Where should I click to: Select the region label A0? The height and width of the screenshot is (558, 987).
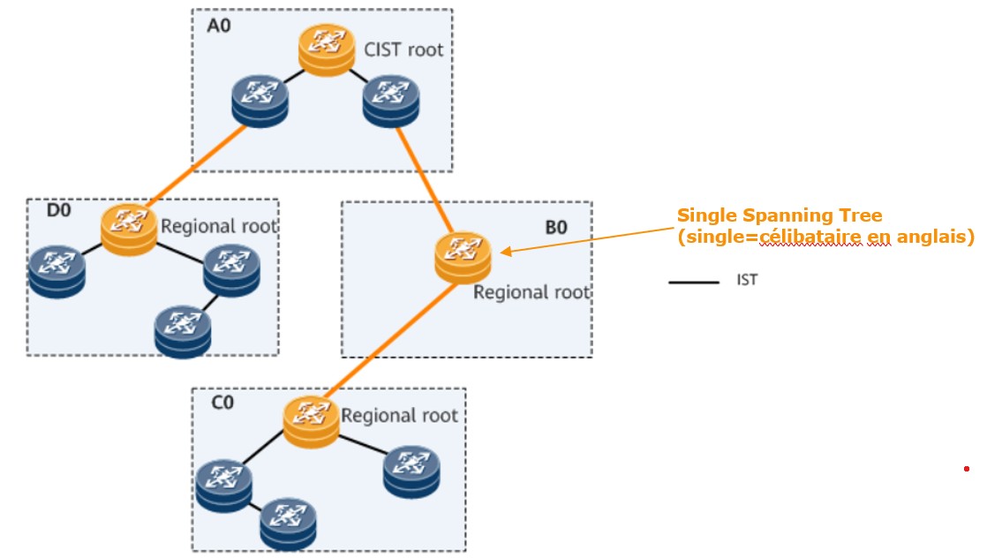(218, 26)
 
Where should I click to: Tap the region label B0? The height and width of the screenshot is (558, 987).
(555, 227)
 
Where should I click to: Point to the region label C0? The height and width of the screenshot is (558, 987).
(222, 403)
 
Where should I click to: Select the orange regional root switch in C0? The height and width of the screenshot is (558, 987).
(312, 420)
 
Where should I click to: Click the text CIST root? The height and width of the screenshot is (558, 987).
(403, 49)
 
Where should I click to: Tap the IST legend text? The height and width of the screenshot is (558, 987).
(747, 281)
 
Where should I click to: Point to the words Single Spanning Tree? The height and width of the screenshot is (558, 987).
(779, 215)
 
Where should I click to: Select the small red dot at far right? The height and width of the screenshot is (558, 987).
(967, 469)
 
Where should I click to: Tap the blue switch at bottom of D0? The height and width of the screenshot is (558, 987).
(182, 330)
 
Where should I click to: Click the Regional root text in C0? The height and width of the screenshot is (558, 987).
(399, 415)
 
